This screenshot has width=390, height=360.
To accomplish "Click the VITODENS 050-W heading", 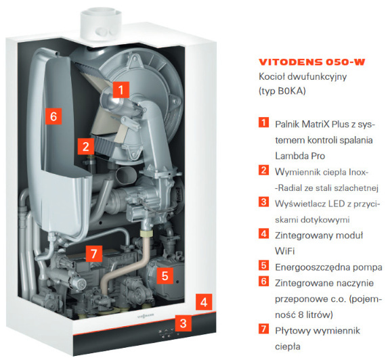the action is pyautogui.click(x=312, y=62).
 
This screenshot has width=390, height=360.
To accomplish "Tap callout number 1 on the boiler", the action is pyautogui.click(x=121, y=90).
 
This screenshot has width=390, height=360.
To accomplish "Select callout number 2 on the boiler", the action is pyautogui.click(x=86, y=146).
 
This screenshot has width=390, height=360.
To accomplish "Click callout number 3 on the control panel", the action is pyautogui.click(x=183, y=323).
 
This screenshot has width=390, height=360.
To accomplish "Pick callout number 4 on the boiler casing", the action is pyautogui.click(x=204, y=302).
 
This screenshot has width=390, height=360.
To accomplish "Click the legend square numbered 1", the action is pyautogui.click(x=263, y=122).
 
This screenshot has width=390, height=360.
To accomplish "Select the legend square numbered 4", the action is pyautogui.click(x=263, y=233).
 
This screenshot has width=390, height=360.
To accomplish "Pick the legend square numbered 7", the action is pyautogui.click(x=263, y=329).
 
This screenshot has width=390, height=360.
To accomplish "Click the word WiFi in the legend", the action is pyautogui.click(x=285, y=251).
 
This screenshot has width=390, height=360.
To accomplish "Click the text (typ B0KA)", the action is pyautogui.click(x=282, y=91).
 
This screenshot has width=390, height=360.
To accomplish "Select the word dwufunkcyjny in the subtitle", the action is pyautogui.click(x=317, y=77).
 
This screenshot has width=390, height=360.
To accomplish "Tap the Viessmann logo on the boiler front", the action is pyautogui.click(x=146, y=316).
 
